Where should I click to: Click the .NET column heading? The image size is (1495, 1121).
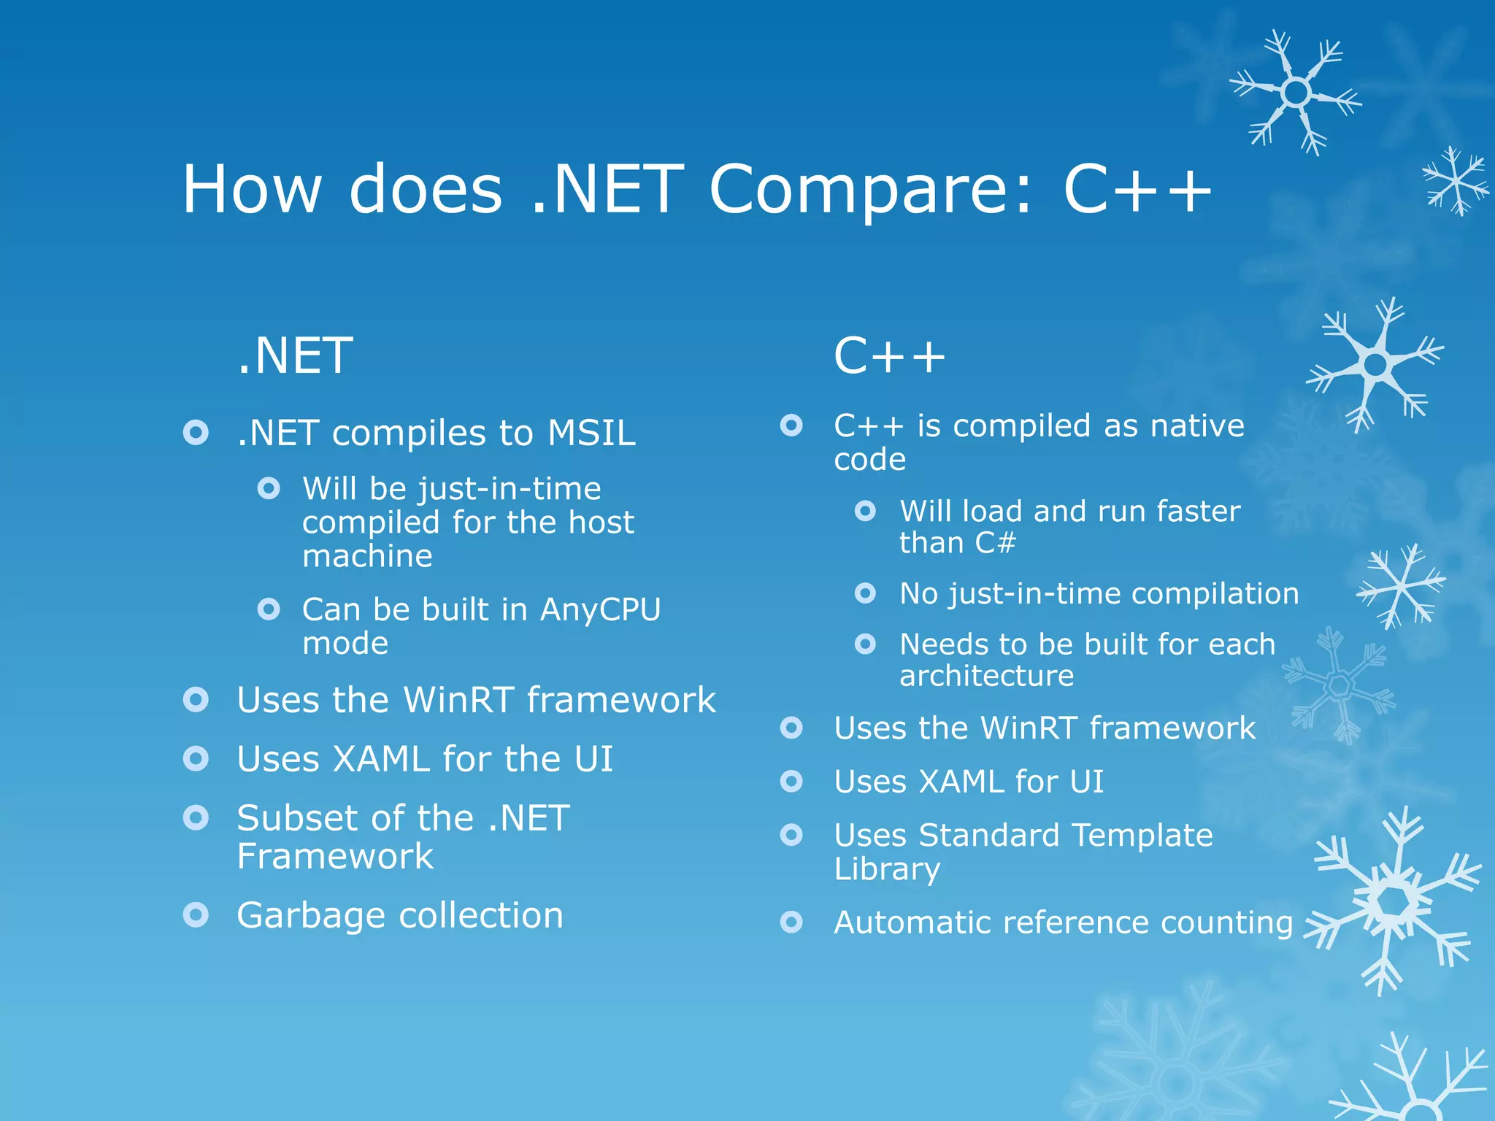[295, 356]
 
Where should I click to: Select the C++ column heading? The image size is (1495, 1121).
[889, 356]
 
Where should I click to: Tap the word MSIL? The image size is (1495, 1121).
[591, 433]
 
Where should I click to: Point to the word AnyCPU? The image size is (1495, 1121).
[600, 609]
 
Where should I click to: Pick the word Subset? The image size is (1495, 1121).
[300, 818]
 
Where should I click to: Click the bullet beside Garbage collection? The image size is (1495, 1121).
[196, 914]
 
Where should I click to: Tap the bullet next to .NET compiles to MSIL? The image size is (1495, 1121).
[196, 433]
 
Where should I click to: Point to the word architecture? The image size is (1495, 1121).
[986, 676]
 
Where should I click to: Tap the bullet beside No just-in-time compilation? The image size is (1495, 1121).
[865, 593]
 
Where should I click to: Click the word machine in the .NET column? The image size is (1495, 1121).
[367, 556]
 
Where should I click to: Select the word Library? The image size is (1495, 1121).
[887, 869]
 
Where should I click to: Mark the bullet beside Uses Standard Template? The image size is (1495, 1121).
[791, 834]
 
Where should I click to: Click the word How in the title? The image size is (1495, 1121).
[252, 190]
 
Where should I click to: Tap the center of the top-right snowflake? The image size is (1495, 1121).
[1296, 93]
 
